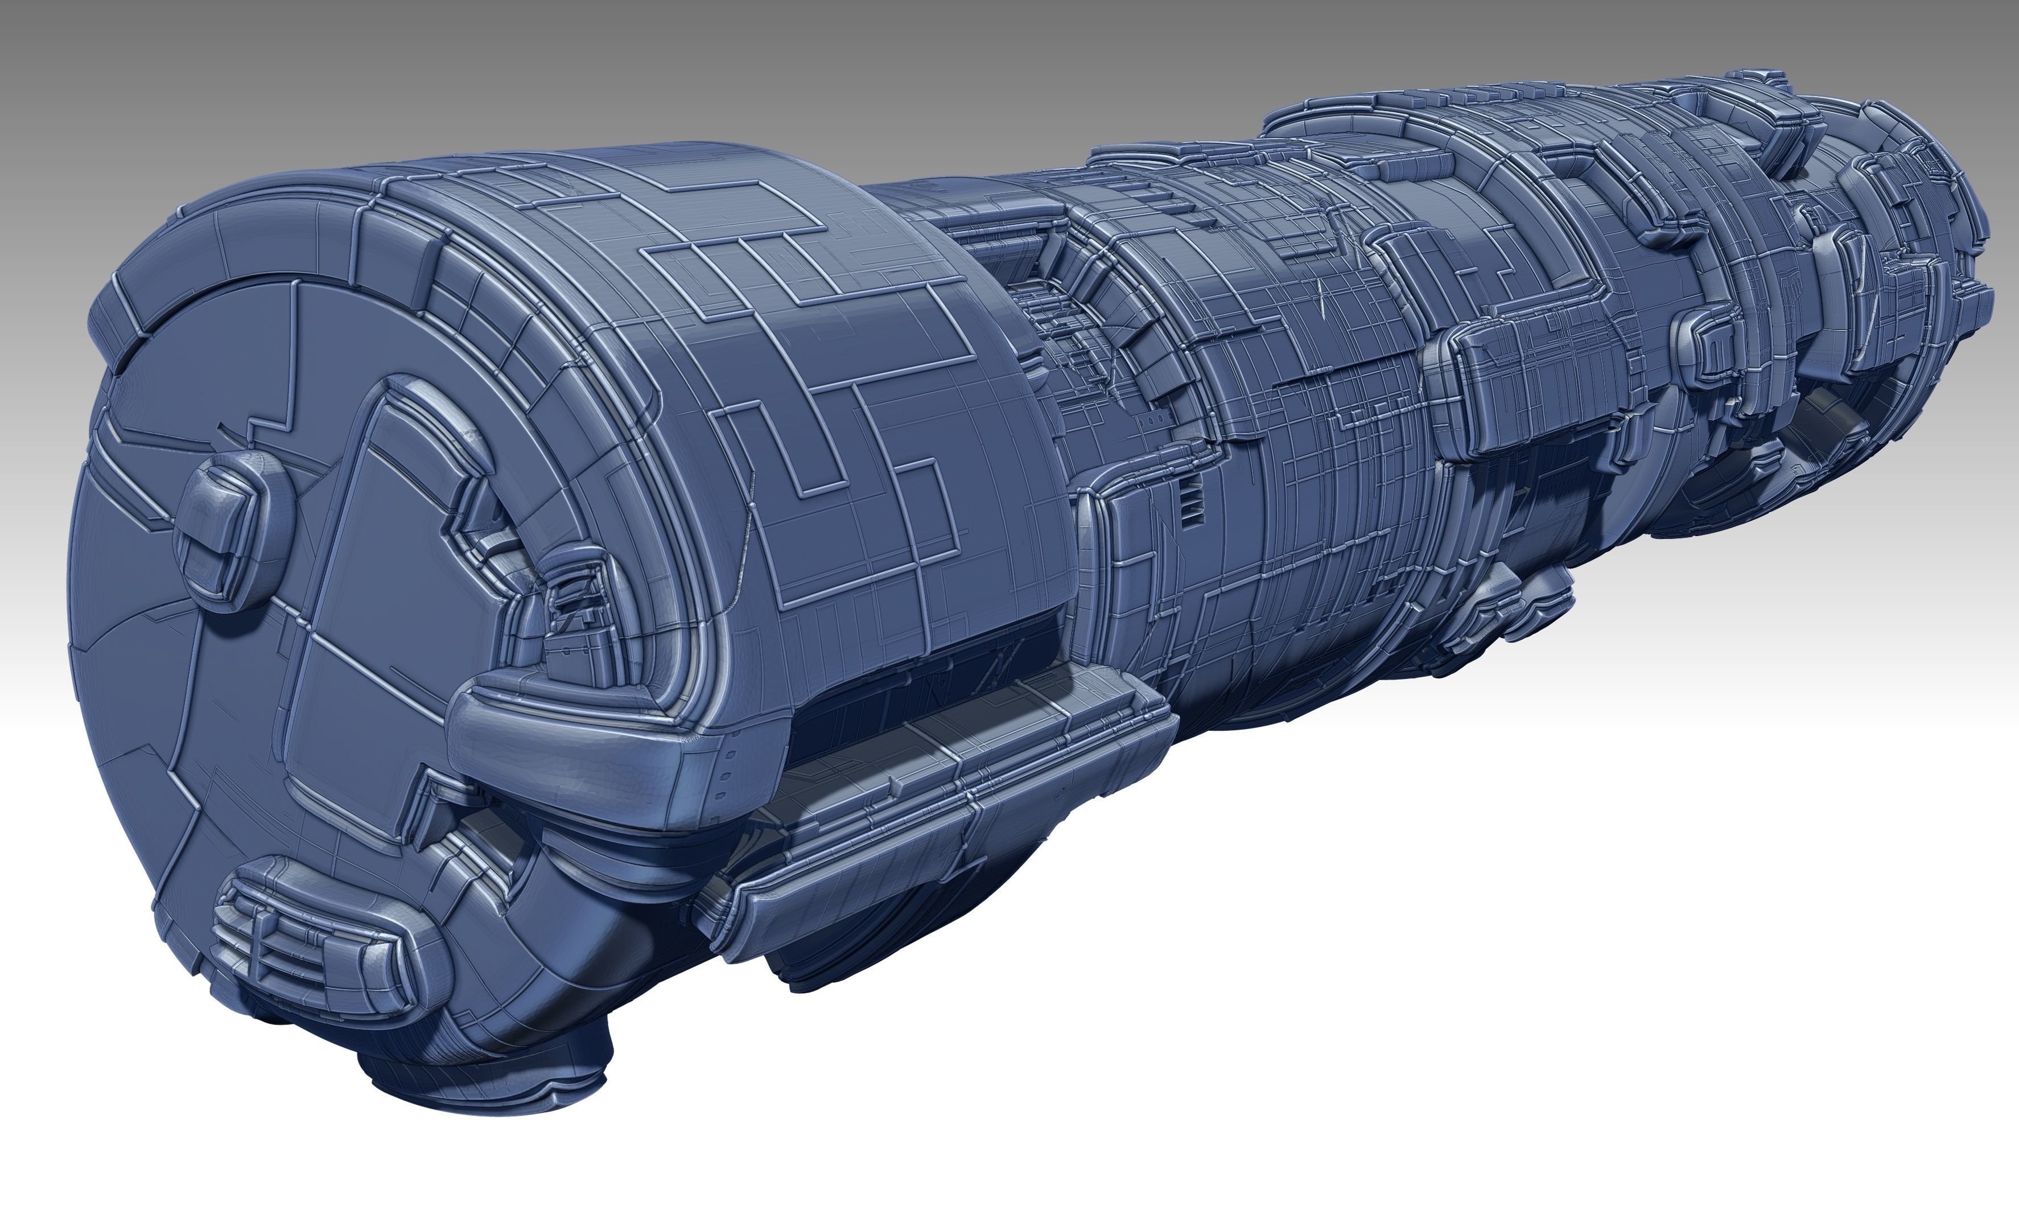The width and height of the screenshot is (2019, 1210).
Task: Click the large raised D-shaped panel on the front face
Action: click(392, 620)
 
